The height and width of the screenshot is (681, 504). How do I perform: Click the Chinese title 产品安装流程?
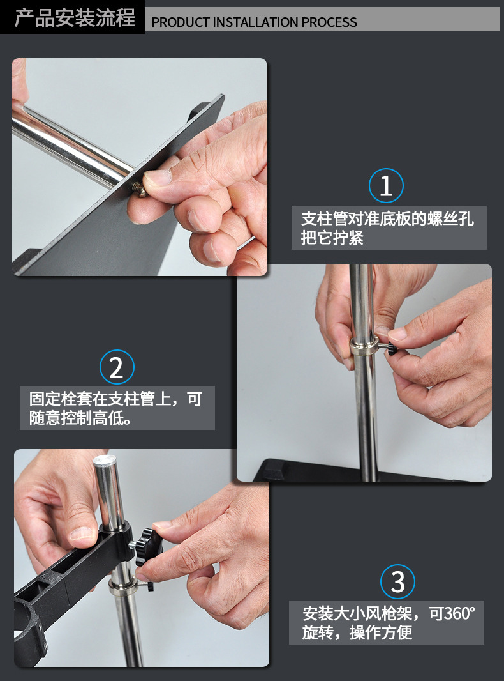click(x=75, y=19)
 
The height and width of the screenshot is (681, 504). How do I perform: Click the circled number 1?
click(x=386, y=185)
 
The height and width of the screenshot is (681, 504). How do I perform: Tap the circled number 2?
click(x=117, y=367)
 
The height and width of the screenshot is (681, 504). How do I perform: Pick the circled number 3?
click(x=397, y=581)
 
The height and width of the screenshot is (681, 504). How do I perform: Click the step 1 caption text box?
click(x=389, y=227)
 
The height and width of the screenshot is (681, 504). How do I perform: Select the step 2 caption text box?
click(x=117, y=408)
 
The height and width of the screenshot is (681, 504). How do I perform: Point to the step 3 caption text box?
click(x=387, y=622)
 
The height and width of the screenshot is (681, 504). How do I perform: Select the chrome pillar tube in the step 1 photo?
click(x=71, y=146)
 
